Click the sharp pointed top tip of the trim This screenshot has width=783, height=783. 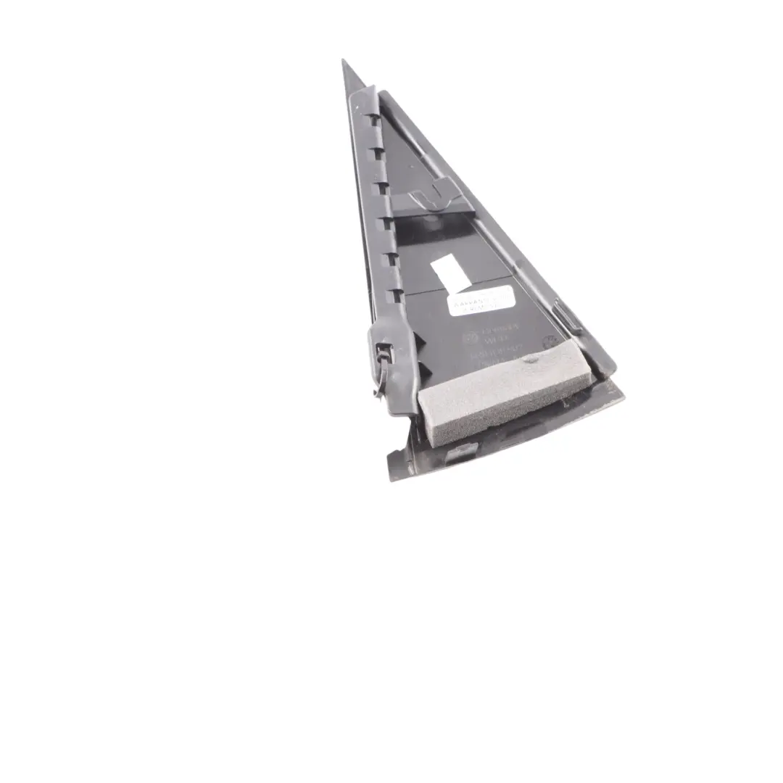pos(343,62)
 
